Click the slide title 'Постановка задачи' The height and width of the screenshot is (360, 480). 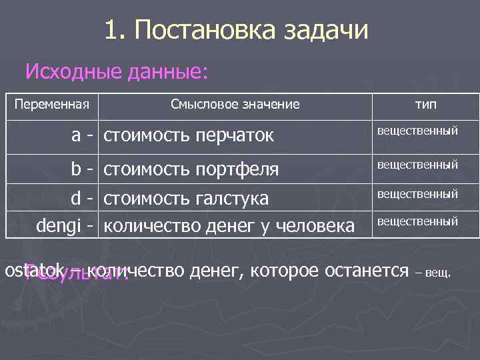(251, 31)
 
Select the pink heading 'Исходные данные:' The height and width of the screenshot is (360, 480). (117, 71)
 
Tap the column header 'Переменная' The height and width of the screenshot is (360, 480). (52, 105)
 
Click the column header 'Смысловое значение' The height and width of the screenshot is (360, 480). (235, 105)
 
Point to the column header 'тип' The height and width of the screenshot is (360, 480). (427, 105)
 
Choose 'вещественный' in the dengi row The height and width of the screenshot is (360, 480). (418, 221)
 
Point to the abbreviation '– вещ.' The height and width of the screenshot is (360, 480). (433, 273)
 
